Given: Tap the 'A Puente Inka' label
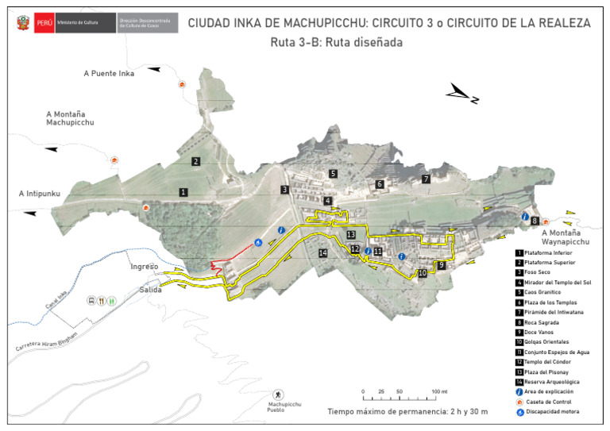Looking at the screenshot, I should click(109, 73).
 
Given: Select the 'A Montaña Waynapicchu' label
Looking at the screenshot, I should click(566, 237).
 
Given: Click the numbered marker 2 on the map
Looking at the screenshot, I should click(195, 161).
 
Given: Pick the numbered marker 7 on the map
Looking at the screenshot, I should click(426, 179).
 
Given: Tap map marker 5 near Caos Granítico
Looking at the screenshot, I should click(334, 173).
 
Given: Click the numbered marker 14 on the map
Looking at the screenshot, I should click(322, 253).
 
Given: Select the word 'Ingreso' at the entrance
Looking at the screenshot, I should click(145, 267).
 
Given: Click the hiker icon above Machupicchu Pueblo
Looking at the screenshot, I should click(279, 394).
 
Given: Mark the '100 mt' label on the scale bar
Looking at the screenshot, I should click(439, 392).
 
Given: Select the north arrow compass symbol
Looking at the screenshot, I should click(462, 94).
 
